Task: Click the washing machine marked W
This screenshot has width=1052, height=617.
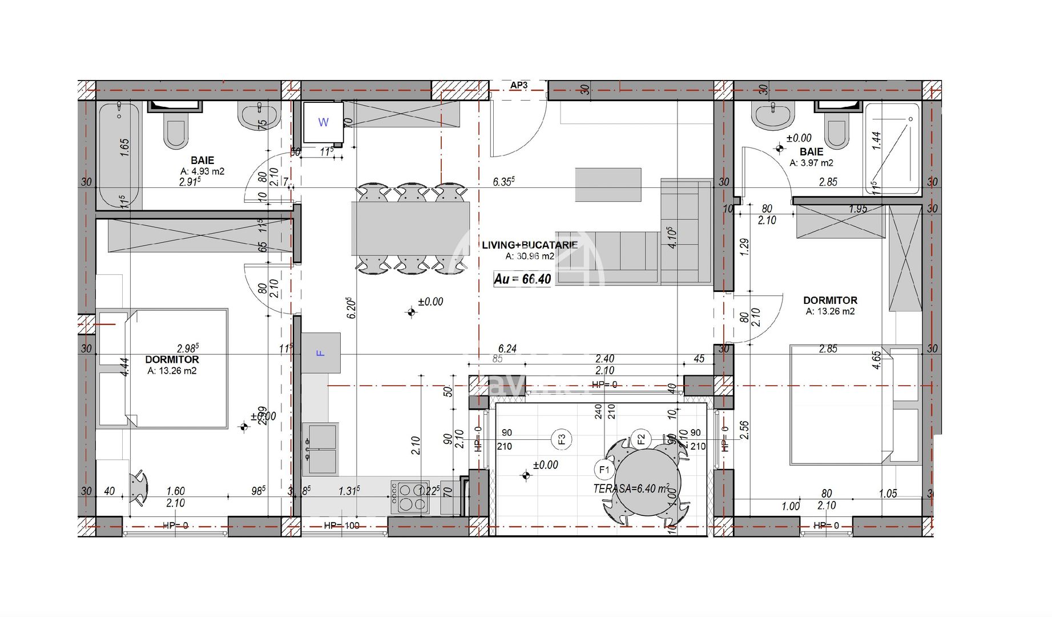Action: (323, 122)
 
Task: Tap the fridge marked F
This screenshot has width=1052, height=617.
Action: (321, 353)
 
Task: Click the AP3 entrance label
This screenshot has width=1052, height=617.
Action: (519, 86)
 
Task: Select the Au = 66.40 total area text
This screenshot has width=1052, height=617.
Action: (522, 279)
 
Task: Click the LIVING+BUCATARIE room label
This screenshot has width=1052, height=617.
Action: (529, 245)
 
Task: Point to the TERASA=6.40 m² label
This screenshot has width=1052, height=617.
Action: (631, 488)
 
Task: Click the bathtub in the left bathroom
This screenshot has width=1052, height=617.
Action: (119, 154)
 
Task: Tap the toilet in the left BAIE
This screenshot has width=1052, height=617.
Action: (175, 130)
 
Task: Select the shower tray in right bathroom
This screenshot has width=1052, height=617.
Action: (892, 149)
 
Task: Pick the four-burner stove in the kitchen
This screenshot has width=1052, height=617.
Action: (410, 498)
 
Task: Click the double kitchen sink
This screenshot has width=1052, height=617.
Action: (320, 450)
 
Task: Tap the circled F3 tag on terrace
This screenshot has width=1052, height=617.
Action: (562, 439)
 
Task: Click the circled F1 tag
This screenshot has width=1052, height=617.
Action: (603, 470)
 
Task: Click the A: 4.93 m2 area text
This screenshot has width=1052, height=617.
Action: (203, 171)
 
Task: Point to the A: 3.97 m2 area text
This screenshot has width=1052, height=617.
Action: (811, 163)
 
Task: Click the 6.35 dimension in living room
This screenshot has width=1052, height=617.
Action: (503, 182)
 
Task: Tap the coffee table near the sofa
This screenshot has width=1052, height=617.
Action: (608, 185)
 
